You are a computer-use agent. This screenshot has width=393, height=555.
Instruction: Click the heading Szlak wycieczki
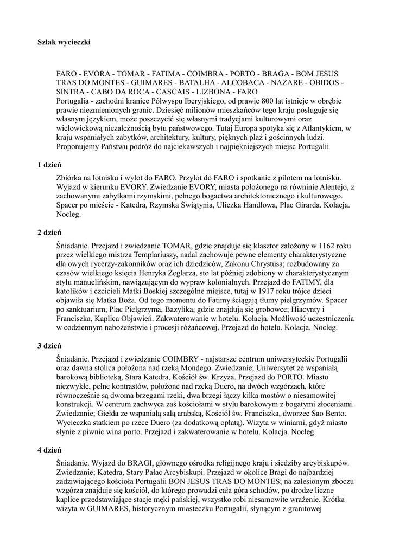(x=64, y=41)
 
